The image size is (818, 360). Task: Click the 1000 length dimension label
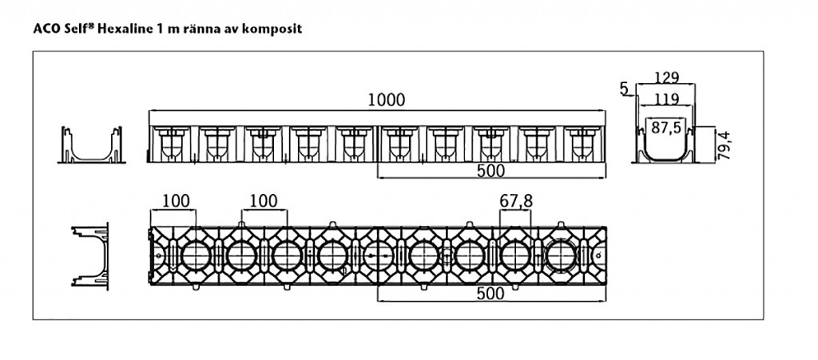coord(386,100)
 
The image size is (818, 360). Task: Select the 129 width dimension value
coord(667,77)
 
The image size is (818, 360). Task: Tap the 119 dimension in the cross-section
coord(667,99)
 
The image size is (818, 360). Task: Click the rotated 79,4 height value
coord(724,145)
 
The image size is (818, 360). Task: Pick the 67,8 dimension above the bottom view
coord(516,200)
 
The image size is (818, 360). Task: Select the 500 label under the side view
coord(491,170)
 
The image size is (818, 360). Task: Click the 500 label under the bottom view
coord(491,294)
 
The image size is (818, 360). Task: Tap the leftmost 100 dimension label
coord(176,200)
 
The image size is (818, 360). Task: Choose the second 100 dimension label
coord(264,200)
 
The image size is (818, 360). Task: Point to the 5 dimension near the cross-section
coord(624,89)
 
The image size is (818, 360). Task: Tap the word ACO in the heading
coord(43,29)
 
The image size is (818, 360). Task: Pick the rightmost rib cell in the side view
coord(583,144)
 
